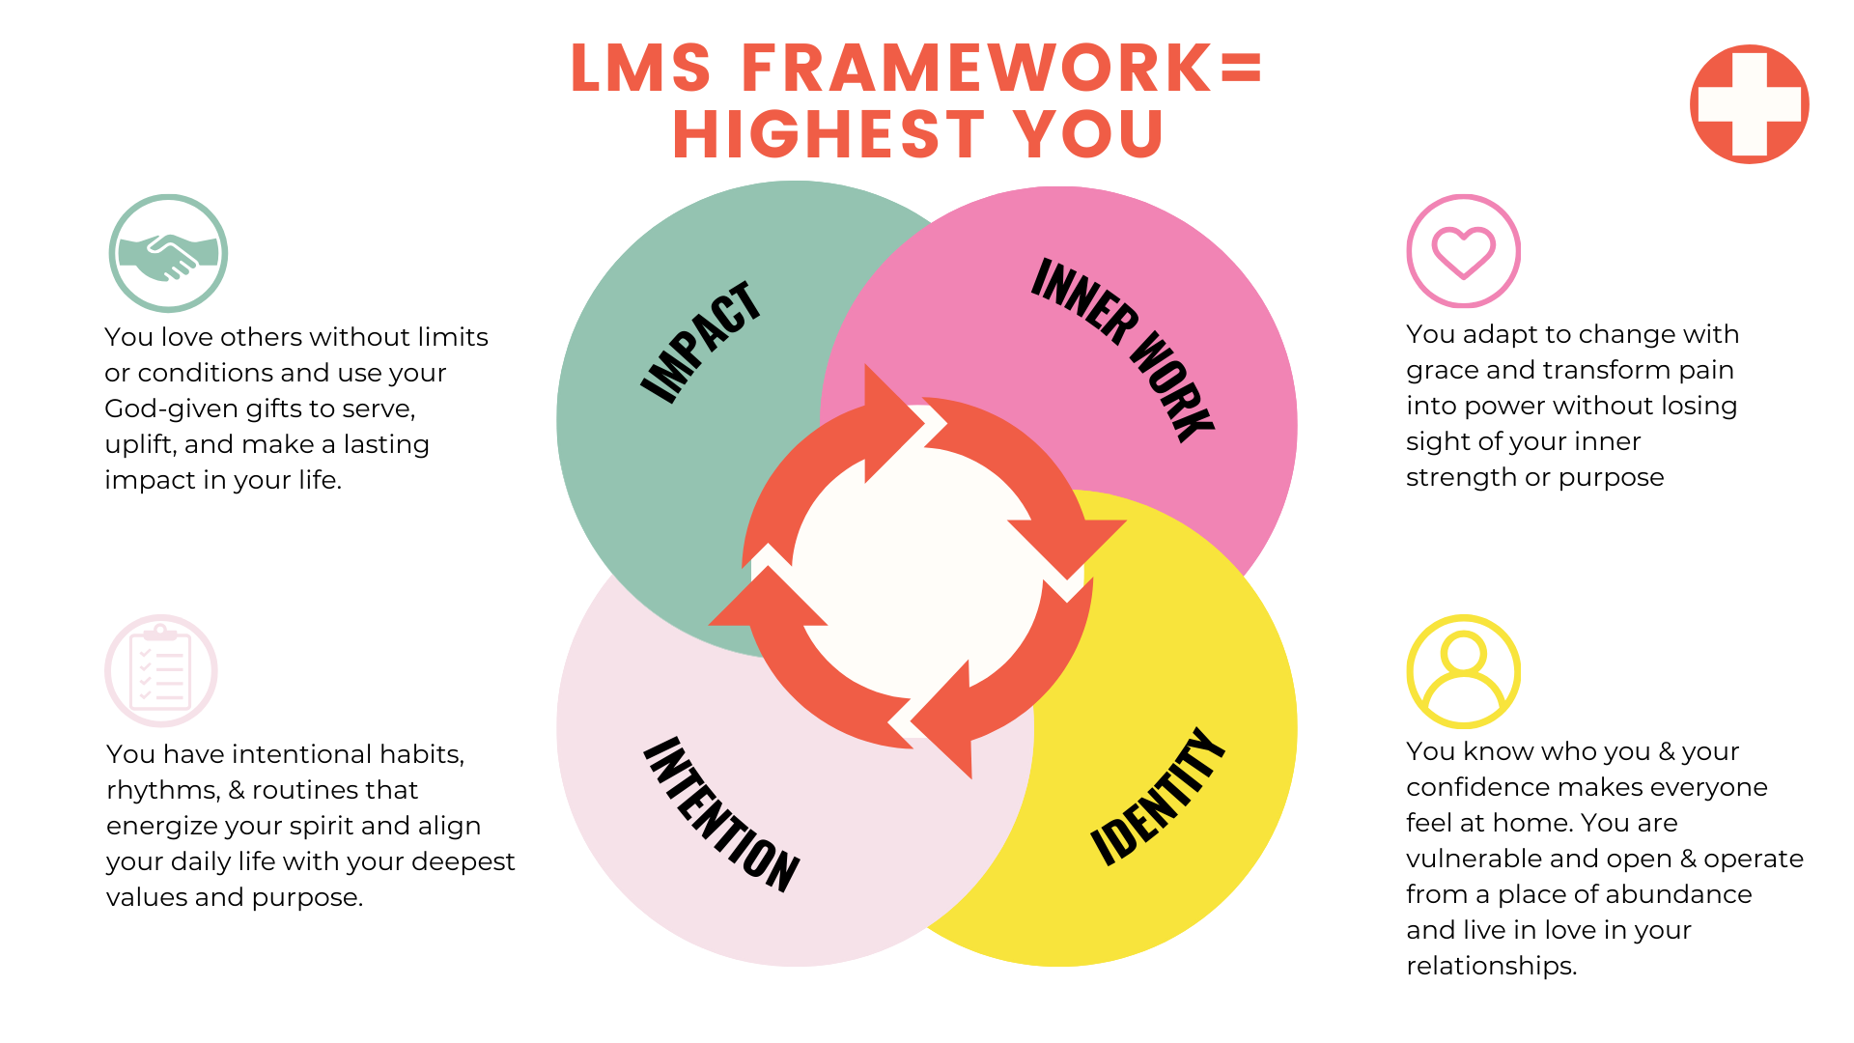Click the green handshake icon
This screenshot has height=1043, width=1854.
(x=168, y=253)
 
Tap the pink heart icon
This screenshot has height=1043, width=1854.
(x=1463, y=251)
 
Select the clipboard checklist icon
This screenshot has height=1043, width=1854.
(x=161, y=671)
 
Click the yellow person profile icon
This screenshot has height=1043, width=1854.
(x=1463, y=671)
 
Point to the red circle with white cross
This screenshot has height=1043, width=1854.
(x=1749, y=104)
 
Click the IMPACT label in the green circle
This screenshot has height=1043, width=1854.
(x=701, y=342)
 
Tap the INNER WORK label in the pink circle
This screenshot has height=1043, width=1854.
(x=1122, y=350)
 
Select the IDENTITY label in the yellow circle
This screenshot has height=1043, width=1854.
(x=1158, y=796)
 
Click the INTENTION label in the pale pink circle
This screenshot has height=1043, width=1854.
(x=721, y=813)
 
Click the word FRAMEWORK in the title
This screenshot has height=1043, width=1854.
(x=976, y=69)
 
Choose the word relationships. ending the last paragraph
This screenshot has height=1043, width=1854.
(x=1491, y=966)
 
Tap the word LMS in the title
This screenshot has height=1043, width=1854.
(x=640, y=69)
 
